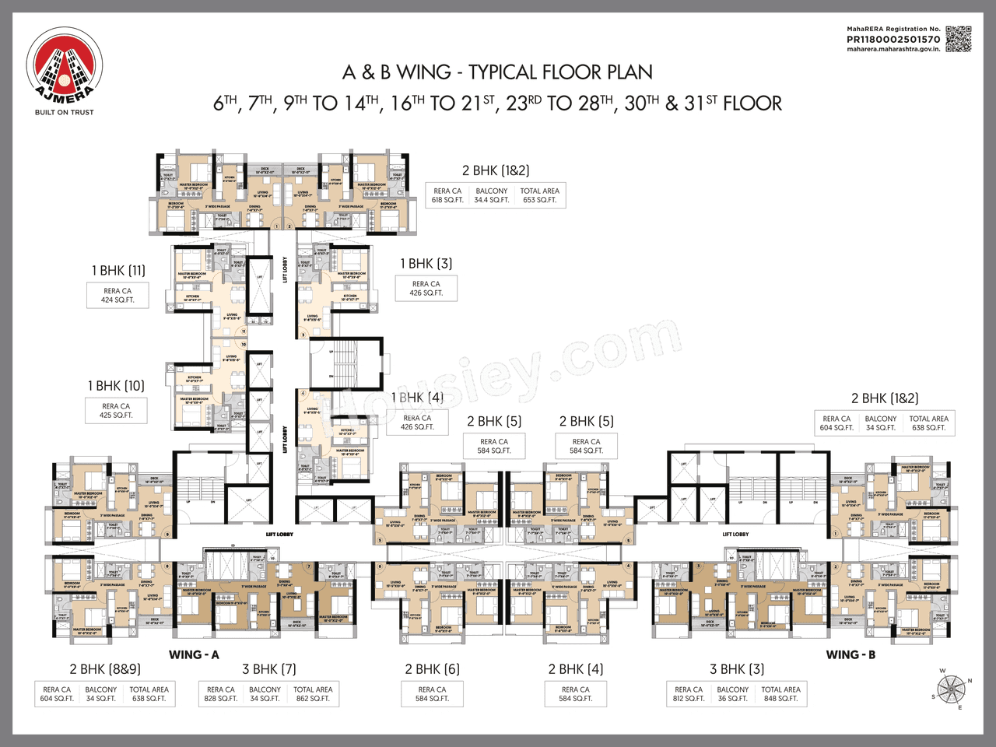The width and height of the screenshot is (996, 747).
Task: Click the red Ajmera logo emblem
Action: click(x=64, y=66)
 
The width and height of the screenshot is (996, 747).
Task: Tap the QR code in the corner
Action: click(x=959, y=39)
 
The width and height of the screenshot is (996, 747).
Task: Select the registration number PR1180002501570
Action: click(x=893, y=39)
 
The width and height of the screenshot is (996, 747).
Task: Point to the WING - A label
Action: click(x=194, y=654)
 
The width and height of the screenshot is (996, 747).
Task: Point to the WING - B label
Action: click(x=850, y=654)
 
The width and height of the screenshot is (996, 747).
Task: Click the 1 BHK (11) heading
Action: click(x=118, y=271)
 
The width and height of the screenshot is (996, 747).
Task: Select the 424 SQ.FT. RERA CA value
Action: click(x=117, y=300)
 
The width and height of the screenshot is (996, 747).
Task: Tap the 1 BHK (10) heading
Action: click(x=116, y=386)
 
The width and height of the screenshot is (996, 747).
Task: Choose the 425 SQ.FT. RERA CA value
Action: click(x=116, y=416)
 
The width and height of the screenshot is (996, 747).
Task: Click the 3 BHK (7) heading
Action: click(x=269, y=669)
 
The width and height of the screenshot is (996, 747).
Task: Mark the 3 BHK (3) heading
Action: click(x=737, y=669)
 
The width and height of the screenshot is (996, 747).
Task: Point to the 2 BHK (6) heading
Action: click(x=432, y=669)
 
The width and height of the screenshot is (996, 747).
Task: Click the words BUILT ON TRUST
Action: click(x=64, y=112)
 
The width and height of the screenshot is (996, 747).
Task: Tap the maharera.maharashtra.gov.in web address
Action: click(x=893, y=49)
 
